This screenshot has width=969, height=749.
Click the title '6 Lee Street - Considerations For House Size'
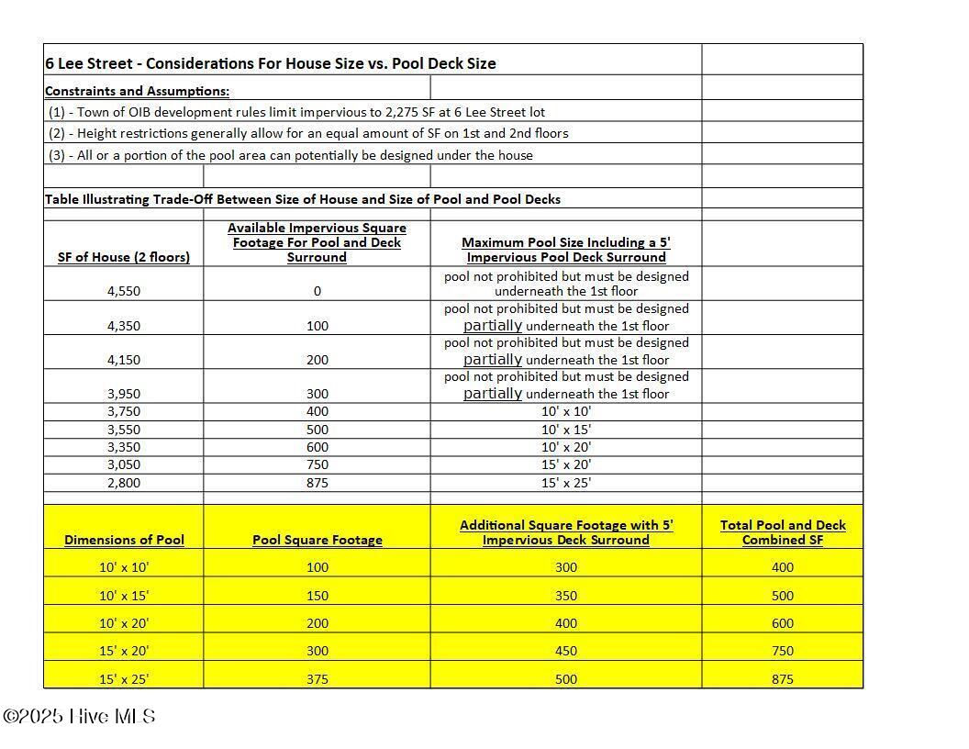(x=270, y=63)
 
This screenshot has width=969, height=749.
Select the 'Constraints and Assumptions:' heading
(x=137, y=91)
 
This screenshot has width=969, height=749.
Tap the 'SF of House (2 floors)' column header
(x=123, y=257)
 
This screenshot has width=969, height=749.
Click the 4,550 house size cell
(x=123, y=291)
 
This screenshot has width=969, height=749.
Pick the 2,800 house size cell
(x=123, y=483)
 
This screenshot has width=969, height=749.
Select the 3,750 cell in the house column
(x=123, y=412)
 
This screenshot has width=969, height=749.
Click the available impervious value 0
(x=317, y=291)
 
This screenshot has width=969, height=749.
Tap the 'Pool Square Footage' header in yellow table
(x=317, y=540)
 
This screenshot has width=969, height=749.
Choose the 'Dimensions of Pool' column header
(x=123, y=540)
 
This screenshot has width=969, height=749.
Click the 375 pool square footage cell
(x=317, y=679)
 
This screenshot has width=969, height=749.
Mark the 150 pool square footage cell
(x=317, y=596)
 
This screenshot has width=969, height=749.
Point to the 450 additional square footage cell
(x=565, y=651)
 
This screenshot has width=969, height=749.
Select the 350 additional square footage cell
(x=565, y=596)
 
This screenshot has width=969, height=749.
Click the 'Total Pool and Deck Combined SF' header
(x=782, y=532)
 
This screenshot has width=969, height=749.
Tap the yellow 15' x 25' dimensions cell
(x=123, y=679)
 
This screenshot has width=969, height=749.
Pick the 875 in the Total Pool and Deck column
(x=782, y=679)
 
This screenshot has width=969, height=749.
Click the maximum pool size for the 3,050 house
(x=565, y=465)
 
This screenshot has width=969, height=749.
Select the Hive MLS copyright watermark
(x=79, y=717)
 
